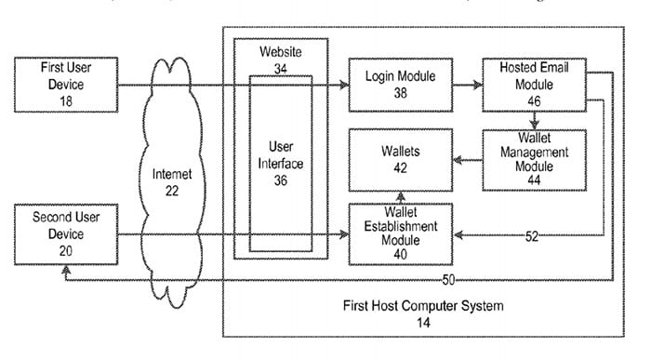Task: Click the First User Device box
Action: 64,84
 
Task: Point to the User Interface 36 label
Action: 280,164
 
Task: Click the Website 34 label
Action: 280,60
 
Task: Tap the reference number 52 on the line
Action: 531,237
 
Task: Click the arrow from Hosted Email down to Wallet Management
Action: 534,121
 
